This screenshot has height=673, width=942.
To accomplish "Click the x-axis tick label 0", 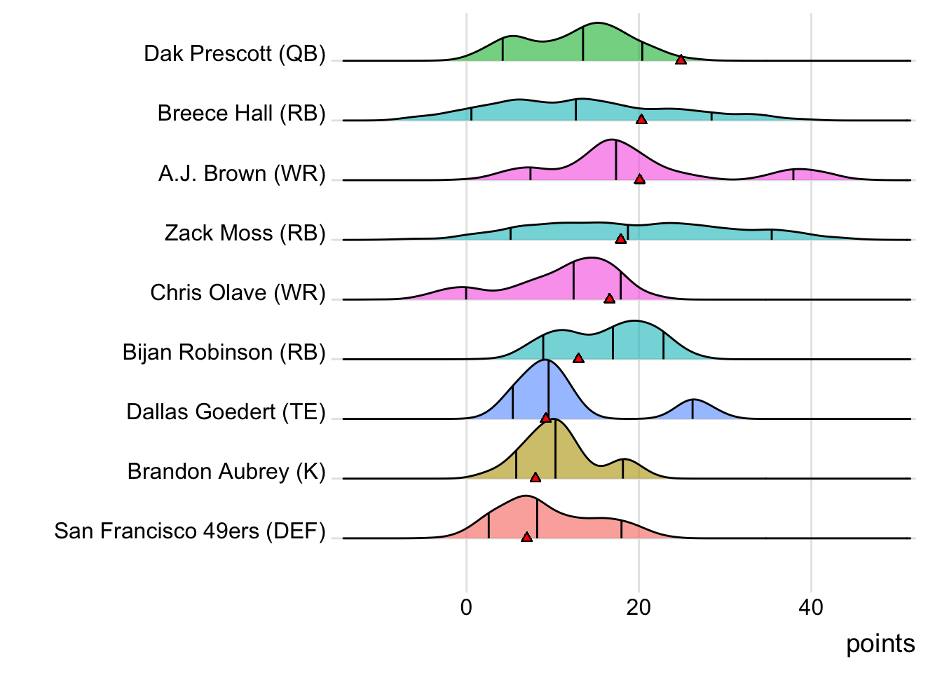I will [466, 607].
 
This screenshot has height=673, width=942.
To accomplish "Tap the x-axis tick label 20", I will [639, 607].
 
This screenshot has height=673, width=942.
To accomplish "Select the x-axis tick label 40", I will [811, 607].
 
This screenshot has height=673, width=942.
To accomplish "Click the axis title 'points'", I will [880, 644].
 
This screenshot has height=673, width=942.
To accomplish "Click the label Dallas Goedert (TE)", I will [226, 412].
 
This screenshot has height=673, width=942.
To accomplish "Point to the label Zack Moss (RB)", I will [245, 233].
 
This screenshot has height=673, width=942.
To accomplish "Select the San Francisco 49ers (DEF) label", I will [190, 531].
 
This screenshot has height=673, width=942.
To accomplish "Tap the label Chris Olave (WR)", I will [238, 292].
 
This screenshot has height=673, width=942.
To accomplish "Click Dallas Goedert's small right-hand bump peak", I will [692, 400].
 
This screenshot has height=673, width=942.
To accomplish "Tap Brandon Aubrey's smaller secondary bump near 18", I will [624, 461].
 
